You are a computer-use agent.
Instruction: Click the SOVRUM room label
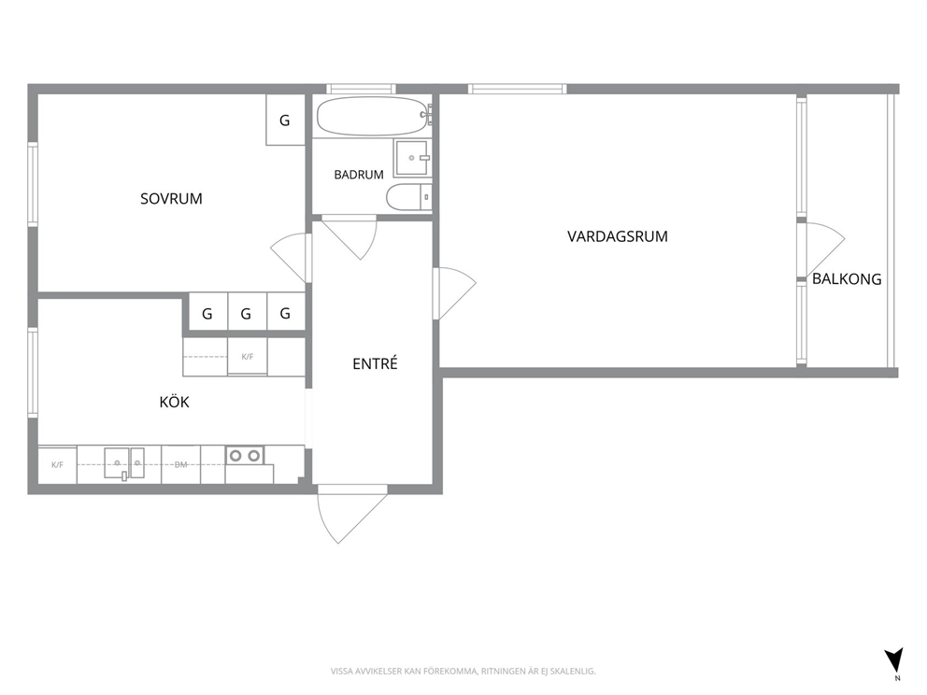click(171, 199)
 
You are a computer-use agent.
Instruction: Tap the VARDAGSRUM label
click(617, 236)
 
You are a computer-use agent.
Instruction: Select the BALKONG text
click(847, 279)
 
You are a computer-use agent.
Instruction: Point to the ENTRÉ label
click(375, 363)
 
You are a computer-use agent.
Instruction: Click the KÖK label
click(175, 402)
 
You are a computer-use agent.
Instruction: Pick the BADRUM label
click(359, 175)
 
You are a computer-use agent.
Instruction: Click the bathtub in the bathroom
click(374, 116)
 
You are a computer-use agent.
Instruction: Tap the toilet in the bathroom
click(409, 197)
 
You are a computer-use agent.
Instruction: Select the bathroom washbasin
click(412, 158)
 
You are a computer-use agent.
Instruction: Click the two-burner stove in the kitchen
click(245, 456)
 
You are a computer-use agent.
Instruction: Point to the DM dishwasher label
click(181, 465)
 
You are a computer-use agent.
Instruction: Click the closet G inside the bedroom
click(285, 120)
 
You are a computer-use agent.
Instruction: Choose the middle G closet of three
click(246, 313)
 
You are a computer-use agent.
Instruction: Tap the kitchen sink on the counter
click(124, 463)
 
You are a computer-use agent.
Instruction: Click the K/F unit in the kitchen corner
click(57, 465)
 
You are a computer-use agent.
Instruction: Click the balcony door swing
click(825, 248)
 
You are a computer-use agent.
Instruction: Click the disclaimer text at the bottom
click(463, 671)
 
